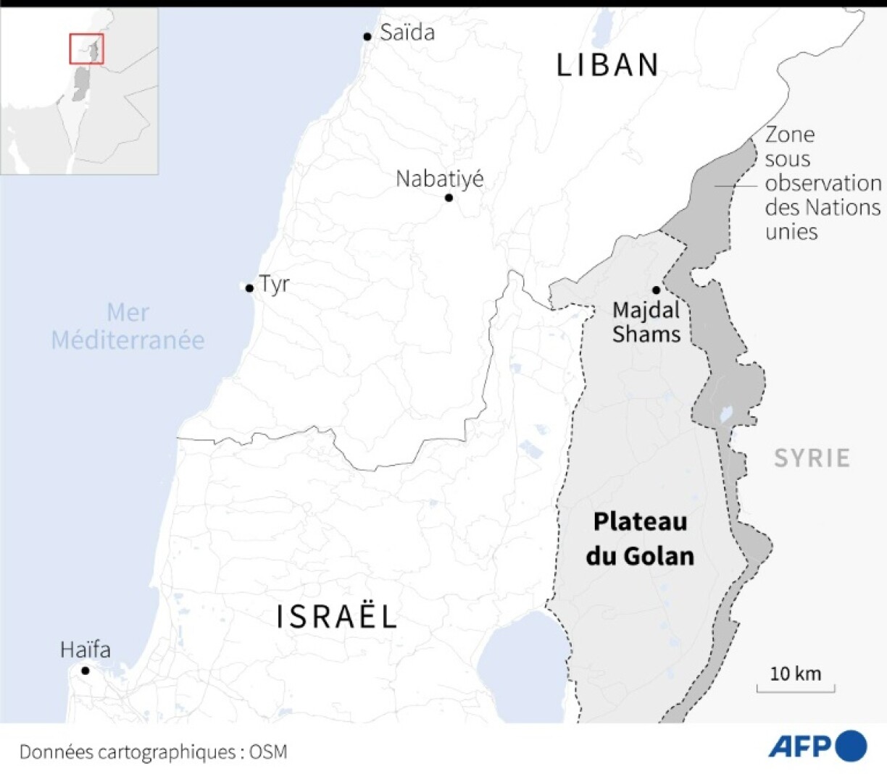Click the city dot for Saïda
pyautogui.click(x=367, y=36)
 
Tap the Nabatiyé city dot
pyautogui.click(x=449, y=198)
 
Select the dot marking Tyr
pyautogui.click(x=249, y=288)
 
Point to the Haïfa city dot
pyautogui.click(x=85, y=670)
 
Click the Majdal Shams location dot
pyautogui.click(x=656, y=290)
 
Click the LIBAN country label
pyautogui.click(x=607, y=65)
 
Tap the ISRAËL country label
pyautogui.click(x=337, y=617)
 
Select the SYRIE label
pyautogui.click(x=812, y=458)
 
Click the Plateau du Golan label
pyautogui.click(x=640, y=539)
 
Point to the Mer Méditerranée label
pyautogui.click(x=128, y=327)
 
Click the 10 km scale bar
pyautogui.click(x=796, y=686)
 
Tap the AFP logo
pyautogui.click(x=817, y=746)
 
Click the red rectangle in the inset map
pyautogui.click(x=86, y=49)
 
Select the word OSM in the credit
pyautogui.click(x=268, y=752)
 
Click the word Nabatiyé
pyautogui.click(x=439, y=179)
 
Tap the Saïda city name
pyautogui.click(x=407, y=33)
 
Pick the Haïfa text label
pyautogui.click(x=86, y=649)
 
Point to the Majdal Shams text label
pyautogui.click(x=646, y=322)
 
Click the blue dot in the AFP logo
pyautogui.click(x=851, y=746)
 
